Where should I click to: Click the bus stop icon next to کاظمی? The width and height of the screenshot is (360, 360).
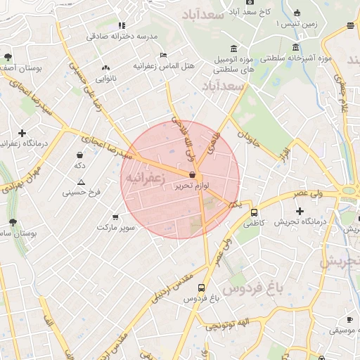[254, 212]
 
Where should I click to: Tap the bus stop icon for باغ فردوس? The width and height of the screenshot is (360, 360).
[202, 288]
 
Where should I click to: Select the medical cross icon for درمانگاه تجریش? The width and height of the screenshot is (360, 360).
[300, 211]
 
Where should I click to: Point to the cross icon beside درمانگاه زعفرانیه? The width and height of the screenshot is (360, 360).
[22, 133]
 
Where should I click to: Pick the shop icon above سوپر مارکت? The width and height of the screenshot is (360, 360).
[115, 217]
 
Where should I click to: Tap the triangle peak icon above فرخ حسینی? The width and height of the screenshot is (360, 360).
[81, 182]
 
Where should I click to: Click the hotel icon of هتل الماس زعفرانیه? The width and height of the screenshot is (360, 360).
[163, 55]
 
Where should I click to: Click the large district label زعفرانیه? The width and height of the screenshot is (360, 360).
[145, 179]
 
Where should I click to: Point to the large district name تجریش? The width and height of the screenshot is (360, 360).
[340, 262]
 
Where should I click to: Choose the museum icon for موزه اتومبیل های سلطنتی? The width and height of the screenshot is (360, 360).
[233, 48]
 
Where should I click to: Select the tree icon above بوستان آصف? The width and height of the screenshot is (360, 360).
[8, 56]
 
